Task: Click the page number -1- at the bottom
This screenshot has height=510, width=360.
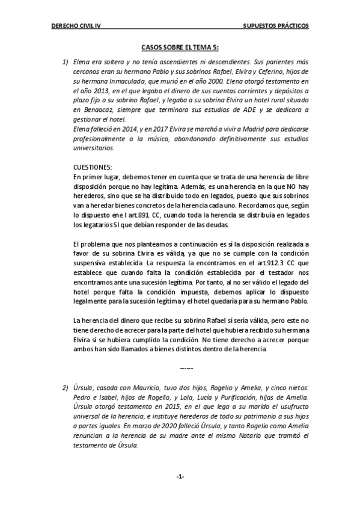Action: (180, 476)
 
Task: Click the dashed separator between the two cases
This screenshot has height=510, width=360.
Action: (187, 367)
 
